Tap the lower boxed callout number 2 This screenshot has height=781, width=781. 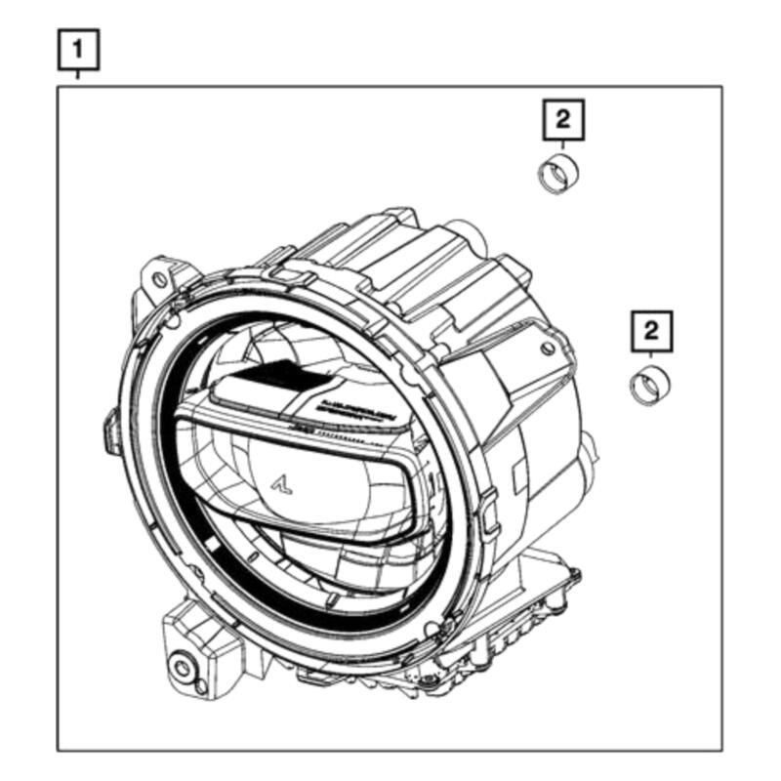coord(652,329)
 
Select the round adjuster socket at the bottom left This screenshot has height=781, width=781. coord(182,669)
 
